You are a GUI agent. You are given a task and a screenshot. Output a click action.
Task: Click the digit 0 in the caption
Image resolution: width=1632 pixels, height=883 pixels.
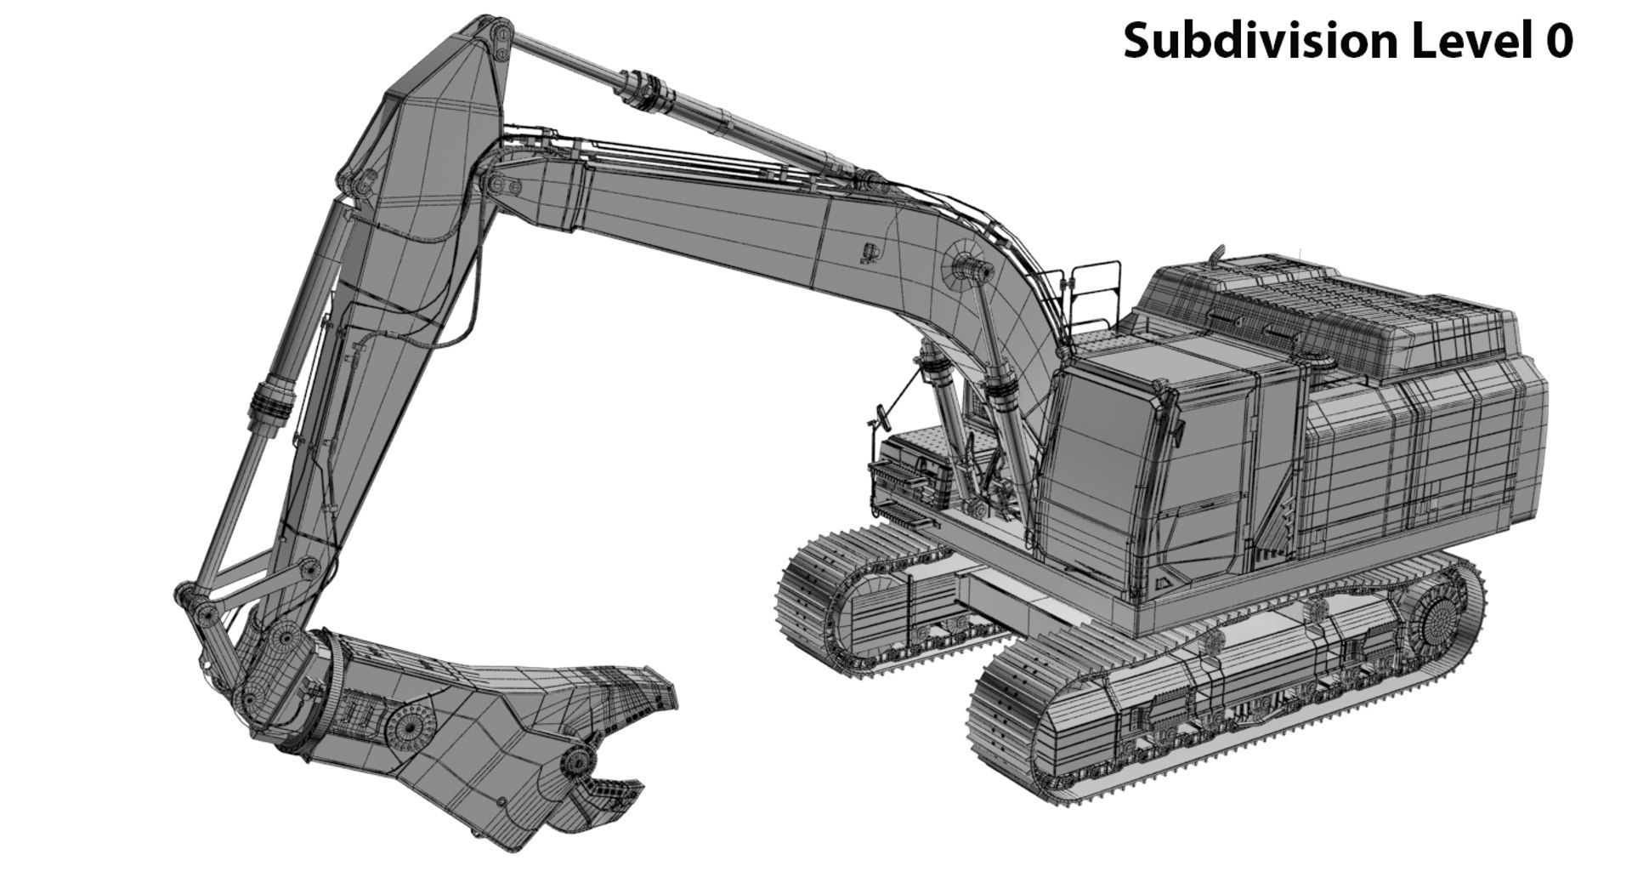point(1558,41)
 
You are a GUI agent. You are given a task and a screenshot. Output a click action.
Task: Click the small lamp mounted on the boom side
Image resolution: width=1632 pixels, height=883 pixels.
point(869,252)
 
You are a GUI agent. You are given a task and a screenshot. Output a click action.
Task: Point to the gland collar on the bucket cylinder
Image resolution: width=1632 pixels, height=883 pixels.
point(270,400)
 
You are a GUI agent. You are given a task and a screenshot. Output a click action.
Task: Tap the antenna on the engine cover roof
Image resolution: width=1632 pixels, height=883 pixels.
point(1216,254)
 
